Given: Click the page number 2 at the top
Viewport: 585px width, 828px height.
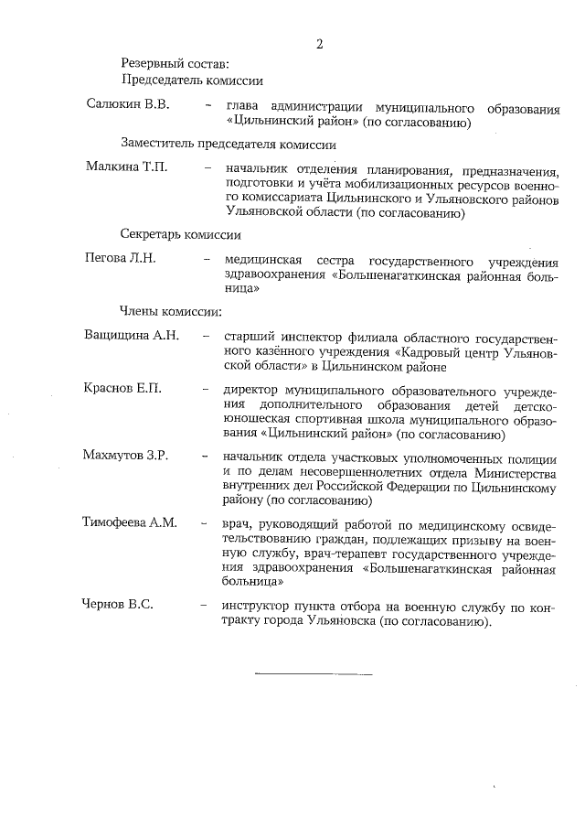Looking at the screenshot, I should (x=319, y=44).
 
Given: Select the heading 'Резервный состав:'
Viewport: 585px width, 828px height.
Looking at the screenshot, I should (x=174, y=63).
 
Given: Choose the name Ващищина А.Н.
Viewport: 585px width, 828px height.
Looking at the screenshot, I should (x=131, y=336).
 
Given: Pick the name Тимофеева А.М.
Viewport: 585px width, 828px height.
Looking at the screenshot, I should (x=130, y=523).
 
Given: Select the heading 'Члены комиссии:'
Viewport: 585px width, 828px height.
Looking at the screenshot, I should (x=171, y=311).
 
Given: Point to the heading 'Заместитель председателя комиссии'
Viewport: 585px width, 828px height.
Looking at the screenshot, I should (x=228, y=145).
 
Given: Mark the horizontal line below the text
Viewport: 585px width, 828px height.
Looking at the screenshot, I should (x=313, y=674).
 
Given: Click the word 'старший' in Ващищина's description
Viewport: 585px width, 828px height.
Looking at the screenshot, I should (x=250, y=337).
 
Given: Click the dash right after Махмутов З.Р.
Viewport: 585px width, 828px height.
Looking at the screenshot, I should (x=207, y=457).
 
